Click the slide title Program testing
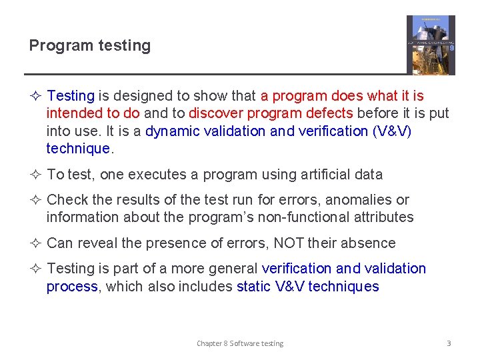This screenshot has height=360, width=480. coord(90,46)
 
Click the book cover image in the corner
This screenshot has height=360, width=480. coord(431,45)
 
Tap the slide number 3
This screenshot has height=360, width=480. coord(449,343)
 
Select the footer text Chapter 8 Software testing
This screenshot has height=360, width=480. coord(240,343)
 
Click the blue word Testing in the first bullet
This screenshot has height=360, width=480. coord(71,97)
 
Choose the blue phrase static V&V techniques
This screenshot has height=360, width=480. coord(307,287)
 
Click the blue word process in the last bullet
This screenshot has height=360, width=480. coord(71,287)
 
